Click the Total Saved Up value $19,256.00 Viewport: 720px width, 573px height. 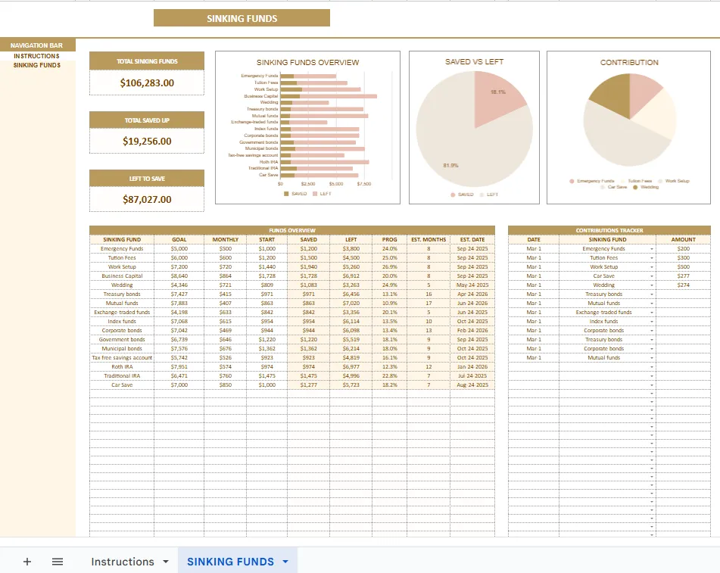(147, 141)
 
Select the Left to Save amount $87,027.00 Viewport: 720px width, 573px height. (147, 200)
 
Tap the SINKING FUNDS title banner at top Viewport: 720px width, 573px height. (242, 18)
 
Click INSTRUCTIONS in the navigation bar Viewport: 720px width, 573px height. (36, 56)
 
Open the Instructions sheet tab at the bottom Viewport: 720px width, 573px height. (123, 562)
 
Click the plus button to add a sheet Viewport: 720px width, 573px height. (27, 562)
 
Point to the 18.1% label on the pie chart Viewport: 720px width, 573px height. (497, 92)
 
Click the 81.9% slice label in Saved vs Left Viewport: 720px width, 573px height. (450, 165)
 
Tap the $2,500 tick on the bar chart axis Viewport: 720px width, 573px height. (308, 184)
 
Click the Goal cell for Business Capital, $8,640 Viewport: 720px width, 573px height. (179, 276)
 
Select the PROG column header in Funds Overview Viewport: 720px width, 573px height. (389, 239)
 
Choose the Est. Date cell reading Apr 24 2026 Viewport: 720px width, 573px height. (472, 294)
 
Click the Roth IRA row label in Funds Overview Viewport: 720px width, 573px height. (122, 367)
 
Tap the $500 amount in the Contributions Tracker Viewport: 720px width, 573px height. (684, 267)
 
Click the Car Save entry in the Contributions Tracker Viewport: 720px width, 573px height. (603, 276)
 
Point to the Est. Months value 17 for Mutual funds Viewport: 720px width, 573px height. (429, 304)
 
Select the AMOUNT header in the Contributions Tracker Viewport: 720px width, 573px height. (684, 239)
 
